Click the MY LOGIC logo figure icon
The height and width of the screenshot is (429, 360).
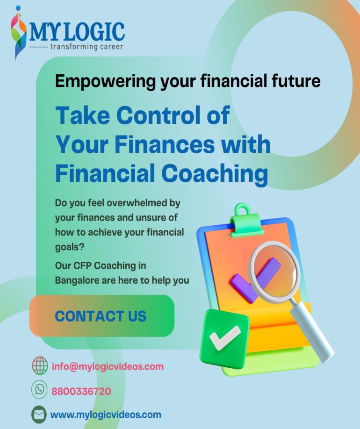18,33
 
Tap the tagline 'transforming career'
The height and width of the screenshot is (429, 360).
86,47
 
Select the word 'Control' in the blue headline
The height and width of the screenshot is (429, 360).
159,115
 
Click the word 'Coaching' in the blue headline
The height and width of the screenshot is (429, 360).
216,174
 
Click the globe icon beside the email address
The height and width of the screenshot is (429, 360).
40,365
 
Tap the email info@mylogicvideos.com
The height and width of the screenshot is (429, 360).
108,367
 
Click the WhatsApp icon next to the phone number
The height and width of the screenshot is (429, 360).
39,389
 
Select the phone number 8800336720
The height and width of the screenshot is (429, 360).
81,391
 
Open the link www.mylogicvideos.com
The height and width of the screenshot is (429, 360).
106,415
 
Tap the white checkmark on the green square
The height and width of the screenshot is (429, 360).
225,337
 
